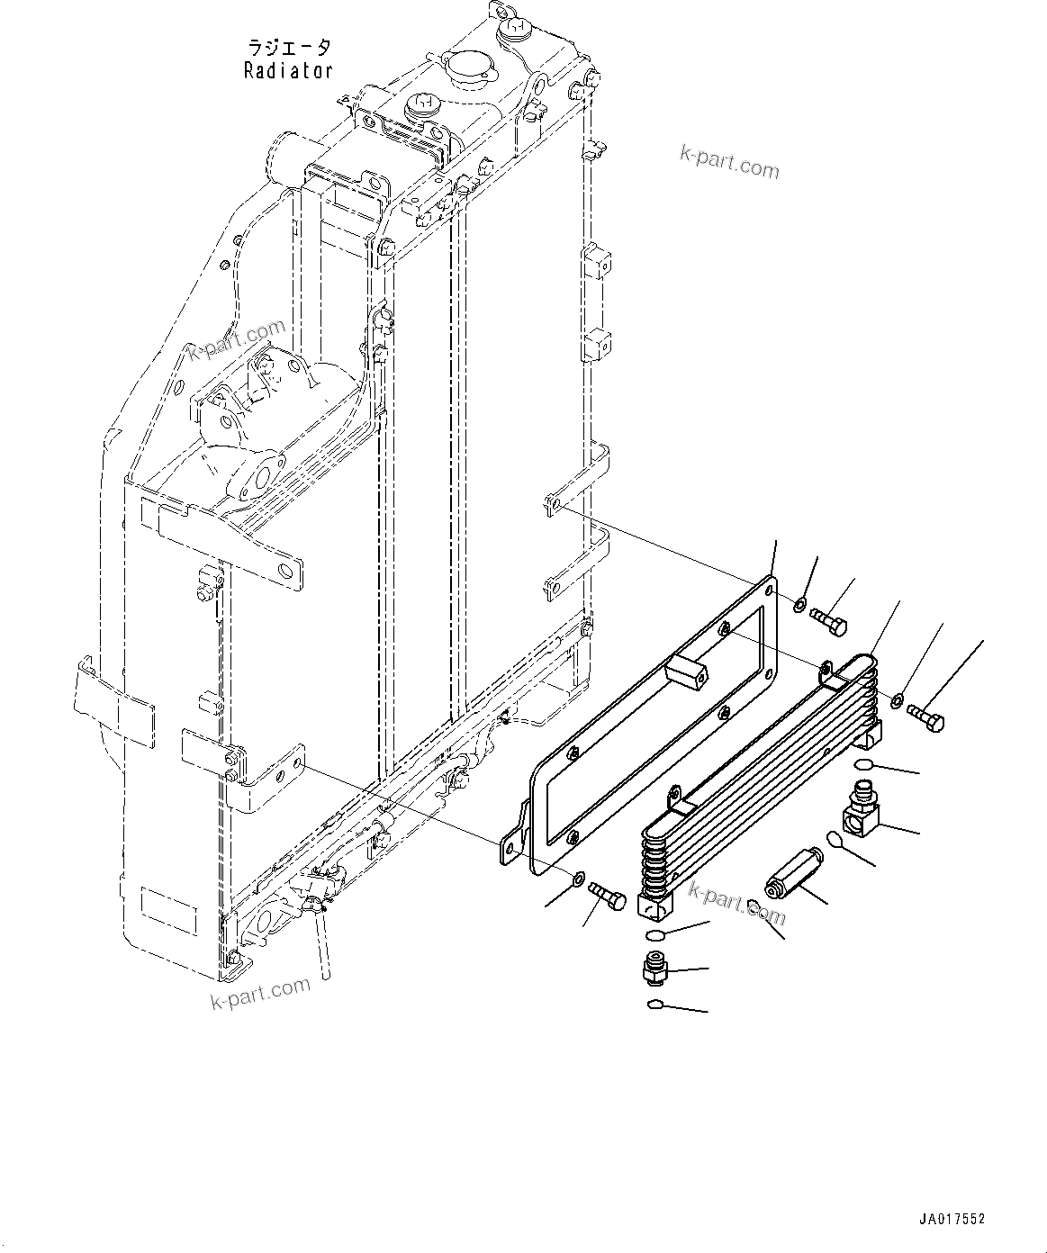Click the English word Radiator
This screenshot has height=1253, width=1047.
pyautogui.click(x=288, y=70)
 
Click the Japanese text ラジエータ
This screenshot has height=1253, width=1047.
pyautogui.click(x=289, y=48)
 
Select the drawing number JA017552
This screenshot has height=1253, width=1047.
pyautogui.click(x=952, y=1219)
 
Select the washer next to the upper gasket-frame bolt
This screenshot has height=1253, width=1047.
pyautogui.click(x=799, y=602)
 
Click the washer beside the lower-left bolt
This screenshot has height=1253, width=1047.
pyautogui.click(x=579, y=877)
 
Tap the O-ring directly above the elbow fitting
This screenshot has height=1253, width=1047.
pyautogui.click(x=862, y=764)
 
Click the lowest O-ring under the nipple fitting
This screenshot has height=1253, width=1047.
pyautogui.click(x=655, y=1005)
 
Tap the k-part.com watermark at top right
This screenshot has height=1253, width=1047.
pyautogui.click(x=728, y=164)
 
